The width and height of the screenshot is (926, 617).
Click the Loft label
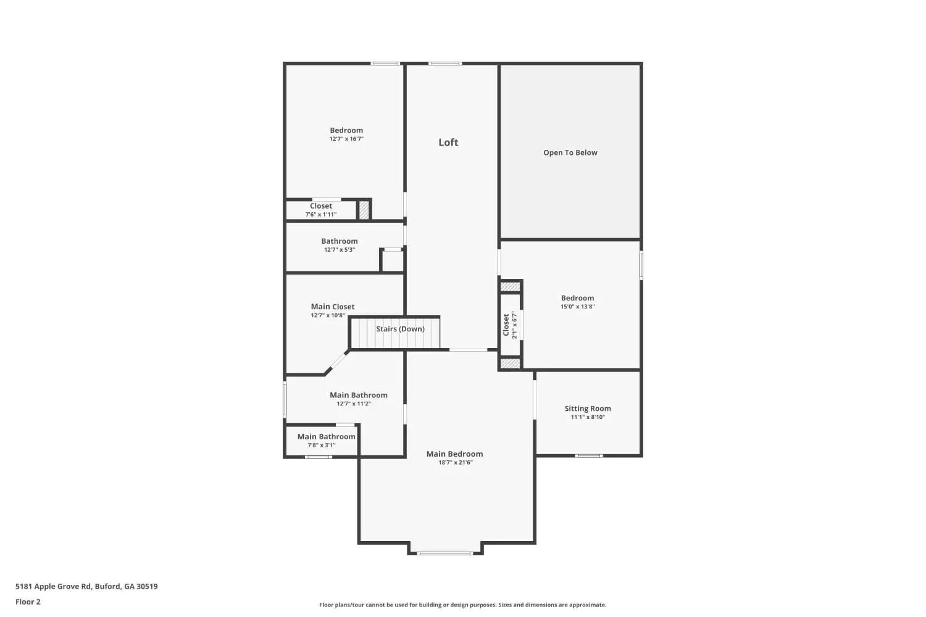tap(448, 143)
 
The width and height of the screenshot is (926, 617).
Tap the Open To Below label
tap(570, 153)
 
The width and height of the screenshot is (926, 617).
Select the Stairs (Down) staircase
tap(396, 333)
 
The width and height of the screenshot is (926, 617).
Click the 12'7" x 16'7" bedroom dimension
tap(346, 139)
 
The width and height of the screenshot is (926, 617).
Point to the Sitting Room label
tap(588, 408)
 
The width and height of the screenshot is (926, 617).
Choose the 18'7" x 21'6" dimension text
tap(455, 463)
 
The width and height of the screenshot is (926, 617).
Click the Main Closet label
tap(333, 307)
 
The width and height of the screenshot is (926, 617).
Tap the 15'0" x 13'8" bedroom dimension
tap(577, 307)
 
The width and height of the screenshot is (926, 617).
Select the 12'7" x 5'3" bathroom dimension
tap(340, 250)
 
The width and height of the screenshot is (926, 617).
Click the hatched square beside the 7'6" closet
tap(364, 210)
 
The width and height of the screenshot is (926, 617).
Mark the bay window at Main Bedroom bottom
tap(445, 553)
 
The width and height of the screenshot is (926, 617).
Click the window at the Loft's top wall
tap(445, 63)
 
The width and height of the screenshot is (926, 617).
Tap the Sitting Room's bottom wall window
tap(588, 456)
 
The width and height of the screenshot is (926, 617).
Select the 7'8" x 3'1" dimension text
tap(322, 445)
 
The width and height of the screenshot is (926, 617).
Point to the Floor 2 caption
tap(28, 602)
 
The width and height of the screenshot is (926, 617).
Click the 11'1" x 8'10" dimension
tap(588, 417)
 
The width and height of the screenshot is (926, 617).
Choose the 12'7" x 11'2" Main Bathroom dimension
tap(354, 404)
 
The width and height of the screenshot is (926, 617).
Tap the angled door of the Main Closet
tap(336, 362)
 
